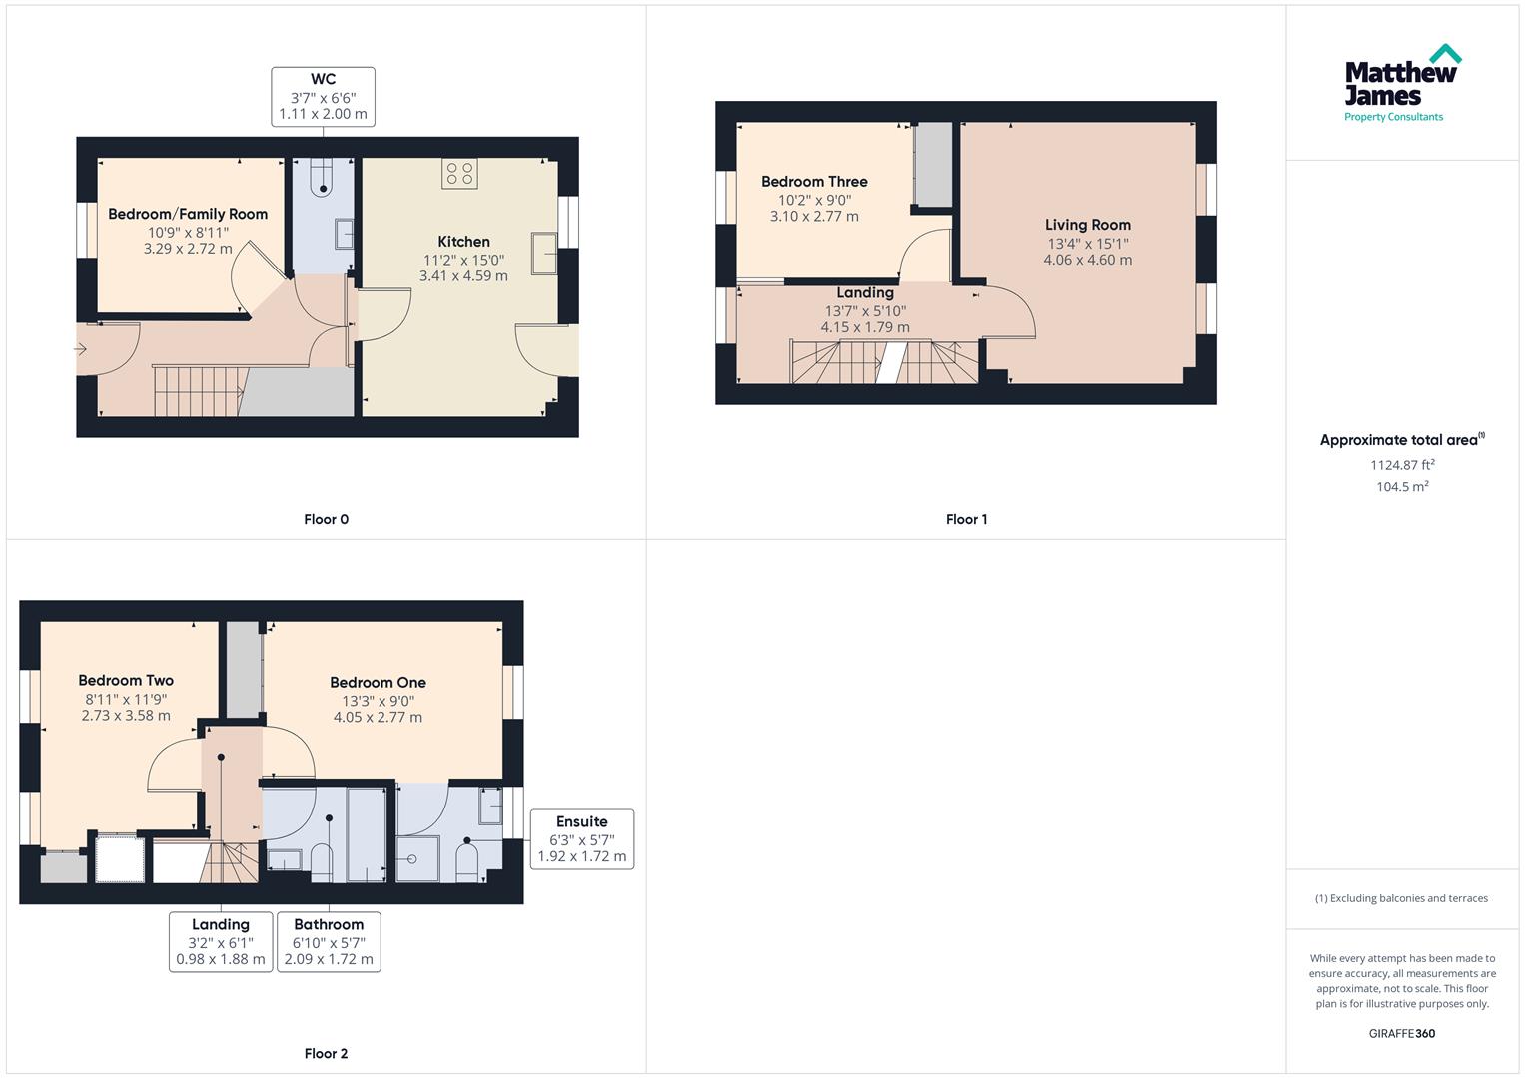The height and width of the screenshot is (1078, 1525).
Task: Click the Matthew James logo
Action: click(x=1401, y=84)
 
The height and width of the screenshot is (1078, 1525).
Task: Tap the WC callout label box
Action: click(x=323, y=97)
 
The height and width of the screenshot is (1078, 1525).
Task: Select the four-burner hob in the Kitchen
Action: click(x=459, y=173)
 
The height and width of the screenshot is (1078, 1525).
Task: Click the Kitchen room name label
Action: click(x=463, y=242)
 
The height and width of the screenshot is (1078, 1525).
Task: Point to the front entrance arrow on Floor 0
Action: click(x=80, y=349)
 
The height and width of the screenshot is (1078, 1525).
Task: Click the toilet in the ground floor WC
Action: click(x=322, y=180)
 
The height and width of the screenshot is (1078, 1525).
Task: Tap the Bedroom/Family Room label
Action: click(x=188, y=214)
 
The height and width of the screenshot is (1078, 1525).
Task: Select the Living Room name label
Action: click(x=1087, y=225)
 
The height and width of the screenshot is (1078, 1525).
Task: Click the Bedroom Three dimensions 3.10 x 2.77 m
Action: click(x=813, y=217)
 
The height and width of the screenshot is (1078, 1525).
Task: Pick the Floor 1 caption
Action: click(x=966, y=519)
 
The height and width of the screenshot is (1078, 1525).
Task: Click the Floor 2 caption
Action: click(x=326, y=1053)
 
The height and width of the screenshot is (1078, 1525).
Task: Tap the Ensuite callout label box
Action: click(x=581, y=838)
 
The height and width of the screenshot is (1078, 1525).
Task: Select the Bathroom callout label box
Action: click(x=329, y=941)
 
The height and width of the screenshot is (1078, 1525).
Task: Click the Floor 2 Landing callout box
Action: click(x=220, y=941)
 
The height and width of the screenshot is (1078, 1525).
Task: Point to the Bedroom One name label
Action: click(x=378, y=683)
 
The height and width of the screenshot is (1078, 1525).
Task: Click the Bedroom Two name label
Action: click(x=126, y=681)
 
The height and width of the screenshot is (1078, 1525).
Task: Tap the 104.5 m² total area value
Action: click(x=1402, y=487)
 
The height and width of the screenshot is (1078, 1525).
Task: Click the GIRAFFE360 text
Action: click(x=1401, y=1033)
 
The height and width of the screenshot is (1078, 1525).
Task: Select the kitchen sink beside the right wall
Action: click(x=544, y=253)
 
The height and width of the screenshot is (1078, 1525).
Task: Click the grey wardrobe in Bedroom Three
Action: click(x=934, y=165)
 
